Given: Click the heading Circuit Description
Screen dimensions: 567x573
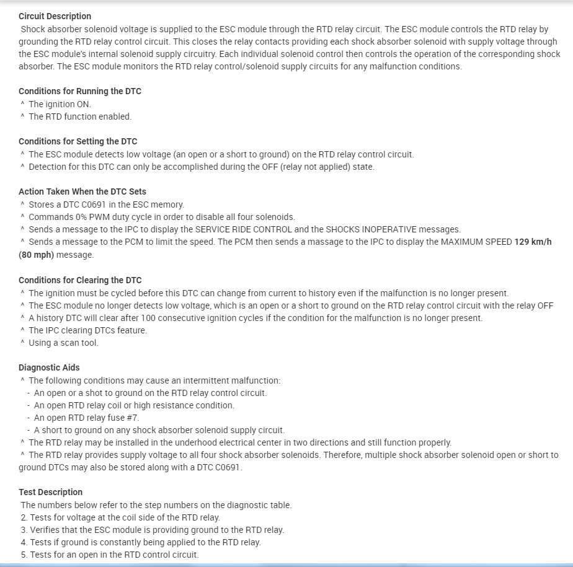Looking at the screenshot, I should pos(55,16).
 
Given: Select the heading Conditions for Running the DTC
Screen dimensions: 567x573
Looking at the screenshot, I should pos(80,91).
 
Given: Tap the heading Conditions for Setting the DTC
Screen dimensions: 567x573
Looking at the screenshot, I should pos(78,141).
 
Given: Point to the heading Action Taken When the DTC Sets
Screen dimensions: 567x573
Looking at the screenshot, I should pos(82,191).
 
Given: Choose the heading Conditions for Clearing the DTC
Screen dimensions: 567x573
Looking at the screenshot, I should pos(80,280).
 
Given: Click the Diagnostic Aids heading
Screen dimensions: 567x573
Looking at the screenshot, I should pos(49,367).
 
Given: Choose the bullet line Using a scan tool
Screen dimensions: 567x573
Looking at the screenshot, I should pos(63,343).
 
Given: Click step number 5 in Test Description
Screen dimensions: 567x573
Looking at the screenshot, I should pos(24,555).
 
